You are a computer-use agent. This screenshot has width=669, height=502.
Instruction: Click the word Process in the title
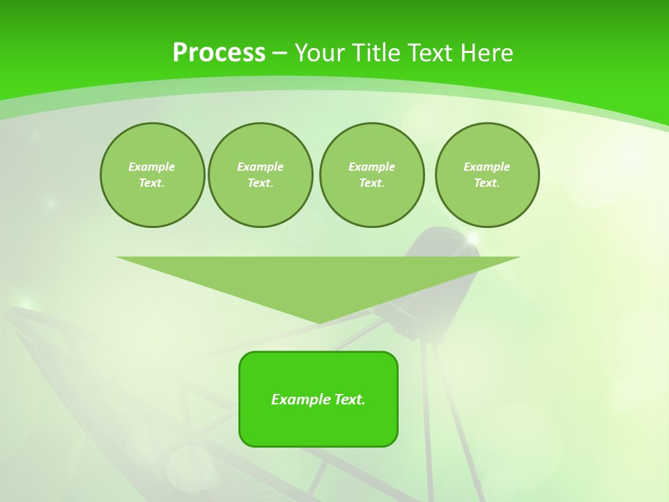pyautogui.click(x=219, y=53)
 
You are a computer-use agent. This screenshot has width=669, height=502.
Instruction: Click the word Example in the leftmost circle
pyautogui.click(x=152, y=167)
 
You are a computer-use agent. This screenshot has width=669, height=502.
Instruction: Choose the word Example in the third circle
pyautogui.click(x=372, y=167)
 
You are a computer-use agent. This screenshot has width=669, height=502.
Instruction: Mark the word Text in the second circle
pyautogui.click(x=259, y=183)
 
